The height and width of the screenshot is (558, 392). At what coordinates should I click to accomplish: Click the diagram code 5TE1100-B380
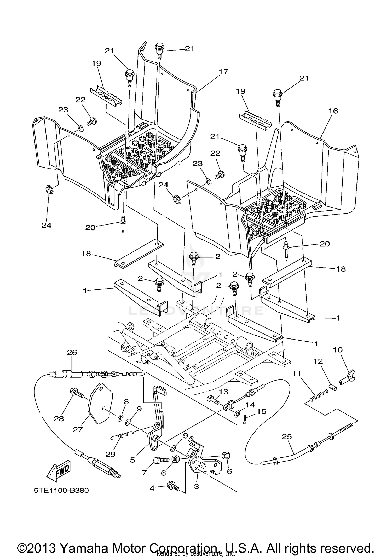point(61,490)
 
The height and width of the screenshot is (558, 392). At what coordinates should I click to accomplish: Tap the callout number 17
point(223,71)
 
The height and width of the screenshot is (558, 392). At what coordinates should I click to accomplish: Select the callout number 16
point(333,111)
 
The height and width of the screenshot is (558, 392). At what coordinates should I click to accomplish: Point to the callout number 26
point(72,353)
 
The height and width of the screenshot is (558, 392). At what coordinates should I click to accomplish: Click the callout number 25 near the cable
point(287,437)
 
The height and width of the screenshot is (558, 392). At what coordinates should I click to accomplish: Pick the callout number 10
point(338,350)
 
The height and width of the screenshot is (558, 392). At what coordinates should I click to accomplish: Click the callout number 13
point(223,392)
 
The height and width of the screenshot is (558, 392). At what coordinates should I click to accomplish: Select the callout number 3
point(197,486)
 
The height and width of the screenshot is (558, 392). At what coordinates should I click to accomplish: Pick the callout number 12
point(318,361)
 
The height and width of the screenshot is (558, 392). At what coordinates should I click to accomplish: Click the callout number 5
point(132,460)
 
